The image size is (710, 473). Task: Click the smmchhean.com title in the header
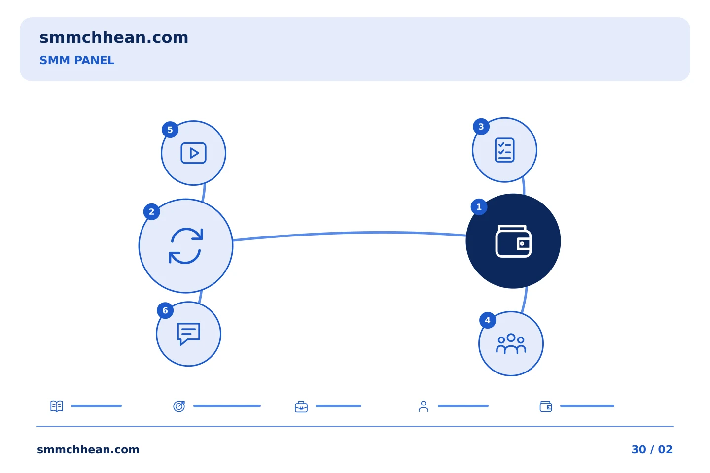click(114, 38)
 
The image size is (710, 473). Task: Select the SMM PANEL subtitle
click(77, 60)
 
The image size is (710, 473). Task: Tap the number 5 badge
click(170, 130)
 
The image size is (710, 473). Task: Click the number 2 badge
click(151, 212)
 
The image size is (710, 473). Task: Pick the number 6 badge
click(165, 310)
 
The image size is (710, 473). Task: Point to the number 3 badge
click(481, 127)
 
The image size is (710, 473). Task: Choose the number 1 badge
click(479, 207)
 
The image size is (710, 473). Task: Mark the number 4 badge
click(488, 320)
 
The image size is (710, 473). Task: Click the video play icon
click(193, 153)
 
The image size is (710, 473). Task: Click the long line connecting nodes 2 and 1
click(349, 233)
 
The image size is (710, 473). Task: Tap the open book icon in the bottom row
click(57, 406)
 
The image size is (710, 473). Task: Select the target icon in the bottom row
click(179, 406)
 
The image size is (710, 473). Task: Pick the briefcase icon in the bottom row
click(301, 407)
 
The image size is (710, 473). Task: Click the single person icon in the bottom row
click(424, 406)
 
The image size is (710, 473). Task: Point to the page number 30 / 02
click(652, 449)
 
